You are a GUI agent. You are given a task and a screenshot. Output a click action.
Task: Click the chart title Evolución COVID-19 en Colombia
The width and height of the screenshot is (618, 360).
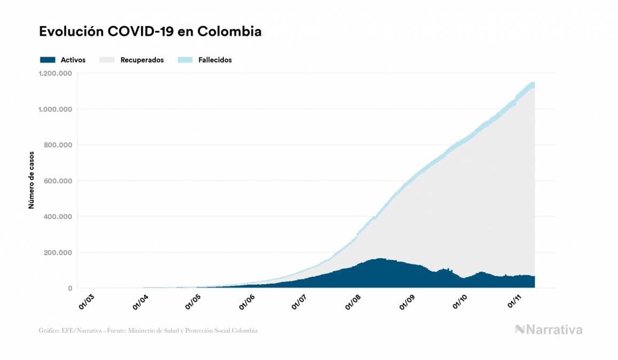tap(150, 32)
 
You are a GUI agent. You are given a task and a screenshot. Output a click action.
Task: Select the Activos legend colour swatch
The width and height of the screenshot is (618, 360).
tap(48, 60)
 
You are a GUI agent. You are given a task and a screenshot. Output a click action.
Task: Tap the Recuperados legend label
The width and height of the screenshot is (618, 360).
tap(142, 60)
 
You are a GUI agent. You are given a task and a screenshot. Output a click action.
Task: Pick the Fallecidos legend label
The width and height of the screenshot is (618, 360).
tap(215, 60)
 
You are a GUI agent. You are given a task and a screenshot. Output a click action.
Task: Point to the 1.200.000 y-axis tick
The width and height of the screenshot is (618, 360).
tap(56, 74)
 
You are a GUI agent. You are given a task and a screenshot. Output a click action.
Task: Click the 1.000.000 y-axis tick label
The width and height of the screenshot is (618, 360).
tap(56, 109)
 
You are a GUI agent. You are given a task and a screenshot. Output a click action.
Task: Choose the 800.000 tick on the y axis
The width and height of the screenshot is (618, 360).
tap(58, 145)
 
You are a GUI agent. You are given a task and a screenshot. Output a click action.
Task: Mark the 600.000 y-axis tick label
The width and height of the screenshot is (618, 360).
tap(58, 181)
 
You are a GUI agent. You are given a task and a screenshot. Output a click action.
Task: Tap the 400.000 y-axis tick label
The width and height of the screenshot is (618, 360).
tap(58, 217)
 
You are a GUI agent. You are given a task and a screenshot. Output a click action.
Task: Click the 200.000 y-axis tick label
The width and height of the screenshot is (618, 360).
tap(58, 253)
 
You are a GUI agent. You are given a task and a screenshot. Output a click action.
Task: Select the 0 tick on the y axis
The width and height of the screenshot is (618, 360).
tap(70, 288)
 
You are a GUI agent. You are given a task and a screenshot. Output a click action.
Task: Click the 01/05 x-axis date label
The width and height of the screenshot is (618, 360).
tap(193, 301)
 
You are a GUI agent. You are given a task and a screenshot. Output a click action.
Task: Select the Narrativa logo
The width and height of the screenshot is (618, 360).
tap(549, 330)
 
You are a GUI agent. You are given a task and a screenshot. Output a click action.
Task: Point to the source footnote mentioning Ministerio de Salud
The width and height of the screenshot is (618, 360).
tap(148, 331)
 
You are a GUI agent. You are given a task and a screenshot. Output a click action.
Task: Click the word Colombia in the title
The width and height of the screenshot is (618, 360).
tap(229, 32)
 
